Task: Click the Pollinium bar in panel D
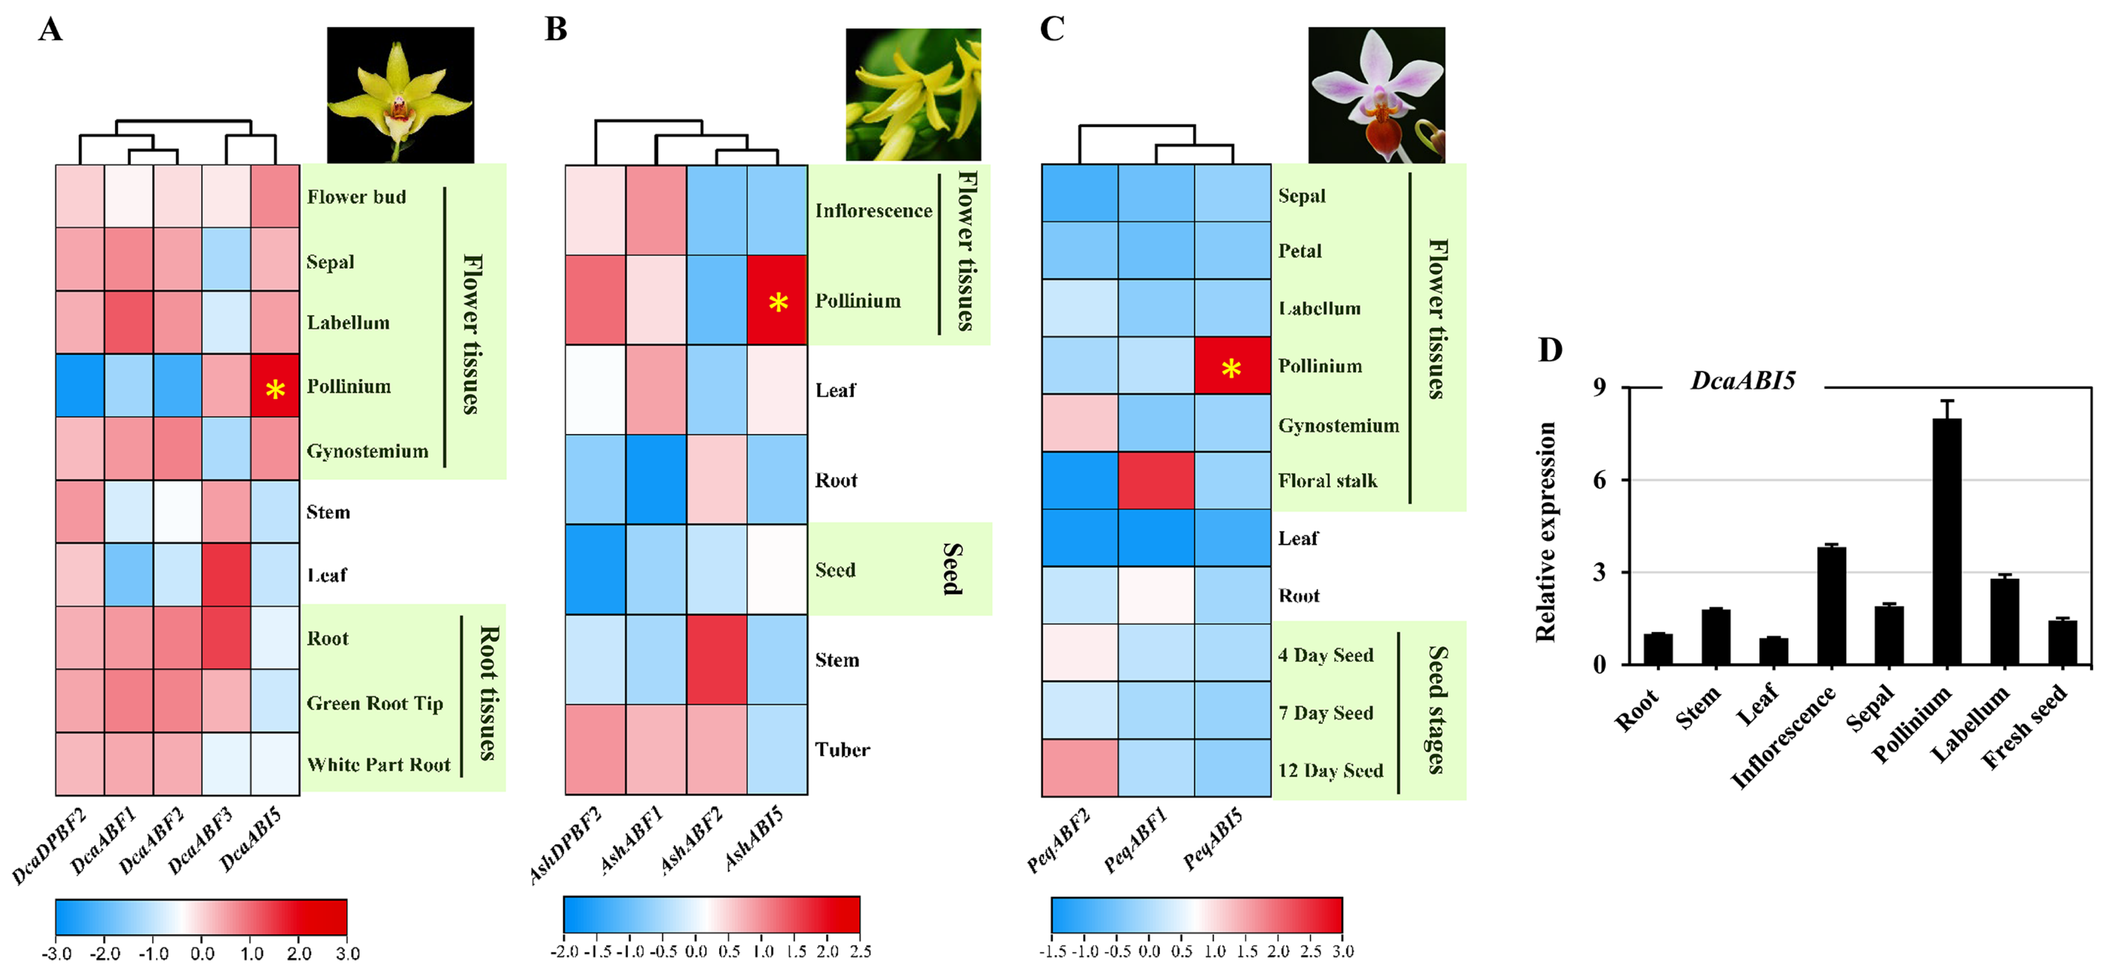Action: coord(1947,540)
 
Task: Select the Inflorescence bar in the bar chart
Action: coord(1831,605)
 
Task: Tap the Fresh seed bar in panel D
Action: coord(2063,642)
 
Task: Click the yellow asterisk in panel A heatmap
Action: coord(275,390)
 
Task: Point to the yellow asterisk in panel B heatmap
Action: coord(778,303)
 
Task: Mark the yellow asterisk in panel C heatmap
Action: coord(1231,369)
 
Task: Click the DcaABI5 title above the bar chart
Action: coord(1743,380)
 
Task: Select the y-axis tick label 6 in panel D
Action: coord(1599,480)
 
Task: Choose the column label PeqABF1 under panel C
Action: coord(1135,839)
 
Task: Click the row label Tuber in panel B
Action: coord(842,749)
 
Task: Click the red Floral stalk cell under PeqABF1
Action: coord(1156,480)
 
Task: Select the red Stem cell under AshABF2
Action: coord(717,659)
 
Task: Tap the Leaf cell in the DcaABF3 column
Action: coord(226,574)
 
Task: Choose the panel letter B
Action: coord(556,29)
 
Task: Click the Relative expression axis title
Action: coord(1545,532)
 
